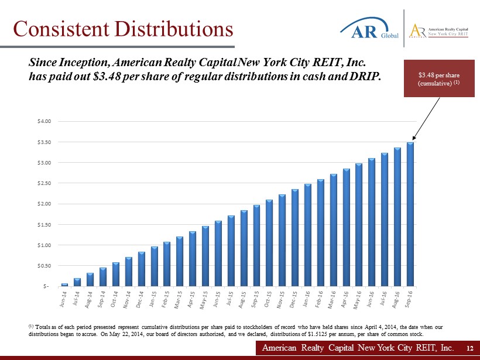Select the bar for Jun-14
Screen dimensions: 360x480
click(64, 284)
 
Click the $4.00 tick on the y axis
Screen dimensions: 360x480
click(45, 121)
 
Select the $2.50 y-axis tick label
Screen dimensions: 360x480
click(45, 183)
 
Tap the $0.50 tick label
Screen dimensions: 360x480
click(45, 266)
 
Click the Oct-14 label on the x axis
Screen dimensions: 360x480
click(115, 299)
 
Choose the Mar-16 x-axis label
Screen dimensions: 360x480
click(332, 299)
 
